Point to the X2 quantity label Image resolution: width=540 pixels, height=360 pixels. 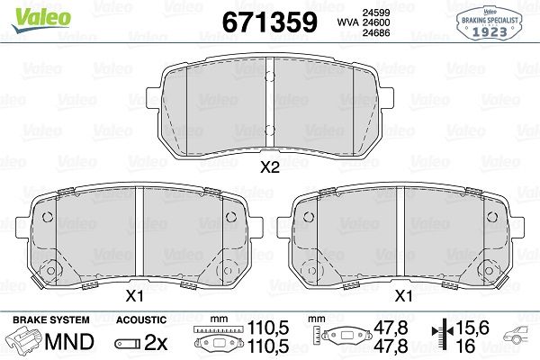click(270, 166)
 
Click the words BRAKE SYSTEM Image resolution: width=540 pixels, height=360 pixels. click(50, 319)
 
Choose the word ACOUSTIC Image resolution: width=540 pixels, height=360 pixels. click(142, 319)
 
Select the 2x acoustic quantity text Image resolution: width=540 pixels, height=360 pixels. click(156, 343)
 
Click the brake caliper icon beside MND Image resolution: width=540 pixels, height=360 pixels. click(25, 343)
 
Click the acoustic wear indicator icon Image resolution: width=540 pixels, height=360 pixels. click(126, 344)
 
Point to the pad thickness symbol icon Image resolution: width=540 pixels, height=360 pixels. click(441, 338)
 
